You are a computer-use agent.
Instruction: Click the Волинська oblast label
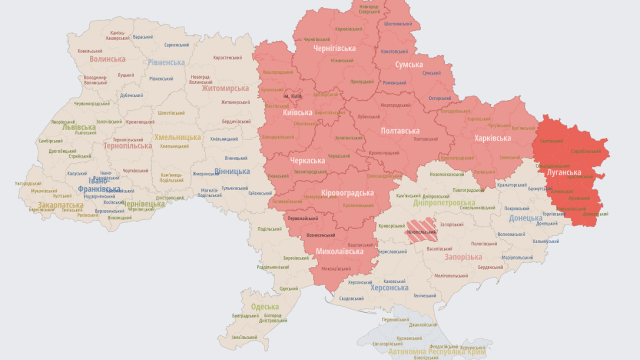click(107, 59)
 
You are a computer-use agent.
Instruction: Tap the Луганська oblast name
click(564, 172)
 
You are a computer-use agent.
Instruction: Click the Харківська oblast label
click(492, 138)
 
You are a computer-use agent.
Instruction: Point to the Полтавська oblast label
click(400, 131)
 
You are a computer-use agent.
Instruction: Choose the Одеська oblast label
click(264, 307)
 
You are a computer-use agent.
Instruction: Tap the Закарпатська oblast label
click(60, 205)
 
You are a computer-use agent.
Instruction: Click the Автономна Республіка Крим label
click(437, 352)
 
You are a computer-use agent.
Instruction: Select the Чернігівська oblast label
click(334, 48)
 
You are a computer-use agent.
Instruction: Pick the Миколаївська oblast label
click(339, 251)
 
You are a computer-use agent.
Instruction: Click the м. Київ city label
click(293, 96)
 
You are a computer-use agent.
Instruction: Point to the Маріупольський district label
click(517, 257)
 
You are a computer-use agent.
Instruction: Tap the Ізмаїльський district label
click(245, 337)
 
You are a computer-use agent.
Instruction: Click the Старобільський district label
click(585, 151)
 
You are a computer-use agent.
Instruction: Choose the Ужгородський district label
click(28, 183)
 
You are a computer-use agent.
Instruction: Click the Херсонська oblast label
click(389, 288)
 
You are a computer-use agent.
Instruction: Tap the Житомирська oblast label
click(225, 88)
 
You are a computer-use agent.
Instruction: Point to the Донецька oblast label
click(525, 218)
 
